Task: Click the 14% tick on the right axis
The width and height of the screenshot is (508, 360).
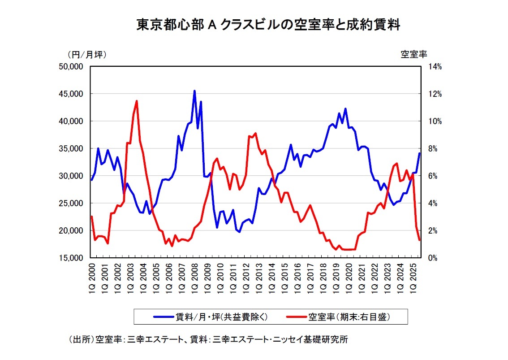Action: coord(435,67)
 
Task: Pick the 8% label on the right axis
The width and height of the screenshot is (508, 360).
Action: coord(435,149)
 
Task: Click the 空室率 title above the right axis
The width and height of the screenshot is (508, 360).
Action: coord(413,54)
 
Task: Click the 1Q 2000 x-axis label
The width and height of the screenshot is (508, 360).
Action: coord(91,278)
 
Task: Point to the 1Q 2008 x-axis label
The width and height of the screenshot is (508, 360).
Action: coord(194,278)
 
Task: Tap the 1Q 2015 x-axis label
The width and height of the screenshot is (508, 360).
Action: coord(284,278)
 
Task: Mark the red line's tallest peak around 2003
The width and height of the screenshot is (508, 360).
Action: coord(136,101)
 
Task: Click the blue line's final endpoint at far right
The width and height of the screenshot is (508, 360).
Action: coord(419,153)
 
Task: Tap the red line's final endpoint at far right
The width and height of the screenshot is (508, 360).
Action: coord(419,240)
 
